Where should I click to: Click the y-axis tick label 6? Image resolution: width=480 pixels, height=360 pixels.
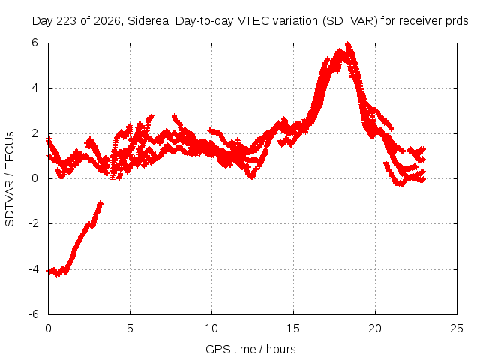click(34, 43)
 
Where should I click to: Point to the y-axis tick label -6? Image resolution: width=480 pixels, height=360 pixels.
click(34, 314)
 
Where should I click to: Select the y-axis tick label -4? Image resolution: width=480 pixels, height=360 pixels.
click(34, 269)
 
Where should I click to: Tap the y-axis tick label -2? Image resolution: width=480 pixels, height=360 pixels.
click(34, 223)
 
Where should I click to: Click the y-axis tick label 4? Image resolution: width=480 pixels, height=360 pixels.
click(34, 88)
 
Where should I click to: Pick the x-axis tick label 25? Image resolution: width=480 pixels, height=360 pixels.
click(457, 328)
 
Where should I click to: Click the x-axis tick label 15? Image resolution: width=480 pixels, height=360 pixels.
click(293, 328)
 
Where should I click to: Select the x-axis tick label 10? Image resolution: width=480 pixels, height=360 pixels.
click(211, 328)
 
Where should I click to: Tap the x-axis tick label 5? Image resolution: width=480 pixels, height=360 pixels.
click(130, 328)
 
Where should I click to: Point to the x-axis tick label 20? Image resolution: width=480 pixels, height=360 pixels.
click(375, 328)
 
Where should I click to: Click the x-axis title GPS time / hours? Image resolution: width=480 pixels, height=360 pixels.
click(250, 349)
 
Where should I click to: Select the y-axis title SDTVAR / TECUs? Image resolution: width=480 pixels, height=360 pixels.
click(10, 179)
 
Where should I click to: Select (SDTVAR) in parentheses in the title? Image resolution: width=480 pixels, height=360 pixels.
click(350, 21)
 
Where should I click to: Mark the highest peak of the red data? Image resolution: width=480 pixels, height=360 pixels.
click(348, 44)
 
